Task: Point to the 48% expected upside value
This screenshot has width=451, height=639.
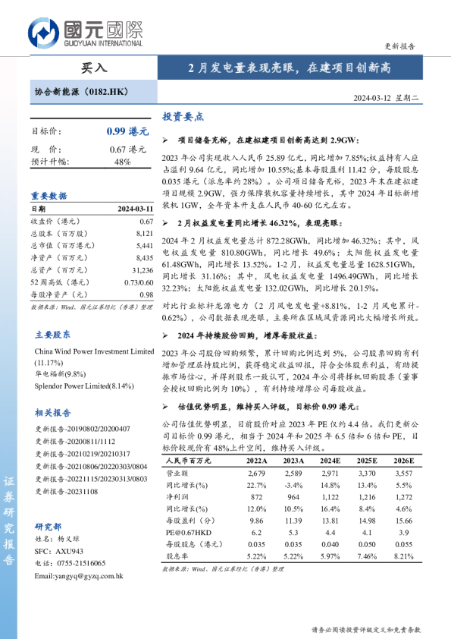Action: [x=122, y=162]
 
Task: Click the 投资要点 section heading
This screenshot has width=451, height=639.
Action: [x=183, y=117]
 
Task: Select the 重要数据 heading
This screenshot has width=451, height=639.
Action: [x=49, y=195]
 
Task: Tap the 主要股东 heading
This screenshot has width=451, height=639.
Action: [x=53, y=335]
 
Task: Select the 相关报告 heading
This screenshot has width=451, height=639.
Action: [x=53, y=413]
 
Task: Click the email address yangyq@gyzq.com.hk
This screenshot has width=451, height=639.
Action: [x=79, y=576]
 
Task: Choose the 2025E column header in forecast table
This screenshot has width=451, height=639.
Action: [x=367, y=461]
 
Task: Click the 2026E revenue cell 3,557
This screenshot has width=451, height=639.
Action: [x=403, y=472]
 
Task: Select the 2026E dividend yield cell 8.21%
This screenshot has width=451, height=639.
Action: [x=403, y=556]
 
